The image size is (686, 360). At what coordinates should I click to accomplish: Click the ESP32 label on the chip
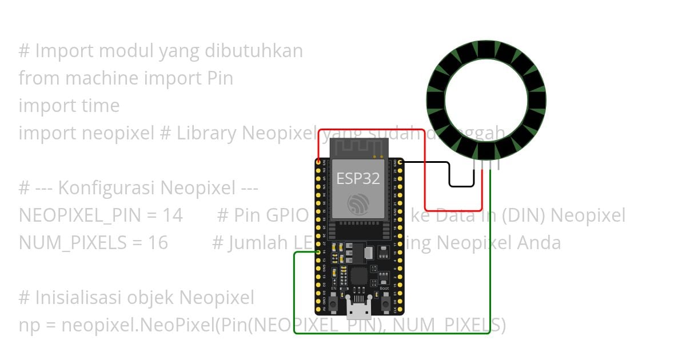(358, 178)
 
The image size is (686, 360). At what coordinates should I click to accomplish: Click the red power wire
(425, 171)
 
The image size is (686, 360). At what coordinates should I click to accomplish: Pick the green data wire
(490, 257)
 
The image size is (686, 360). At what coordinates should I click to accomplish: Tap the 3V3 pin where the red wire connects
(318, 163)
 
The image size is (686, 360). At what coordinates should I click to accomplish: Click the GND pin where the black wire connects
(400, 163)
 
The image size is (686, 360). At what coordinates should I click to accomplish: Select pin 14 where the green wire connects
(318, 251)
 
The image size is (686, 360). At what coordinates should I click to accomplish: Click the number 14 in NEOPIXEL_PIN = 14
(172, 215)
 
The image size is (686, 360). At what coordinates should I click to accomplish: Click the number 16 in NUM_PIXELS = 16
(158, 243)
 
